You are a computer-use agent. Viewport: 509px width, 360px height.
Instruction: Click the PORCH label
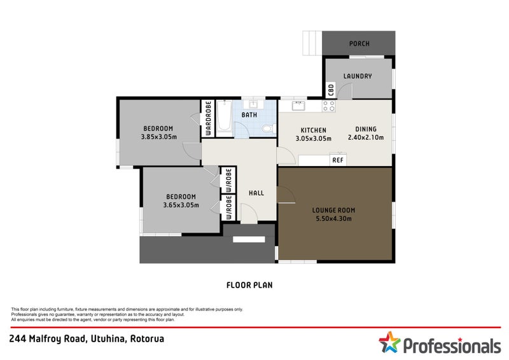(359, 43)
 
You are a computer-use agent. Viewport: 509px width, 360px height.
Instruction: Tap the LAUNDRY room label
(358, 76)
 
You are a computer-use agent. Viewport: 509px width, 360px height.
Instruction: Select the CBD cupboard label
(331, 90)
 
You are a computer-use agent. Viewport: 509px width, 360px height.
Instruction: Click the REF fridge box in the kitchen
(338, 160)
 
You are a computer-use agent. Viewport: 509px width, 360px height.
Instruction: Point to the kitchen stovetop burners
(329, 106)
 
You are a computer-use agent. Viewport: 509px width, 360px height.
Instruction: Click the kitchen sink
(298, 106)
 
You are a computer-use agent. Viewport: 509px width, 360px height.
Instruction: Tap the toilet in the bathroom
(268, 129)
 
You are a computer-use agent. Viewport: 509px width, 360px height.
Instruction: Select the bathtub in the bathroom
(225, 118)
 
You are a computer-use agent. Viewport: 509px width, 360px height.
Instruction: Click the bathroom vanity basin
(253, 104)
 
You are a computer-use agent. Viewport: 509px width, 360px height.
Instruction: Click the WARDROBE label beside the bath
(208, 118)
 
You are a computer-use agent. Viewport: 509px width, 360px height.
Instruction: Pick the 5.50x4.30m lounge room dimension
(333, 218)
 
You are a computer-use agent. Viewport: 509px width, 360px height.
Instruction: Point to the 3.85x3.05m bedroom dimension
(158, 137)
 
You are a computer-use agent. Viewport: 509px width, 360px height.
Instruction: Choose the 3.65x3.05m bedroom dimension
(181, 205)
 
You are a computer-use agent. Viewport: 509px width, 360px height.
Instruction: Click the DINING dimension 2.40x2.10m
(366, 137)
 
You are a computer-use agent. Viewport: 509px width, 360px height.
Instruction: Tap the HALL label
(256, 193)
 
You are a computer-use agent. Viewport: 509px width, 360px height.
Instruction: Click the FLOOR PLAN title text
(249, 286)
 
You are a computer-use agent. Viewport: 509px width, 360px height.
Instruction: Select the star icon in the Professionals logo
(389, 342)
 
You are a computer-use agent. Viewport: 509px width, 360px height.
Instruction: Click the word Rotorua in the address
(147, 339)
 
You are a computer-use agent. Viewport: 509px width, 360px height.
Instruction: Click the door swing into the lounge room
(286, 195)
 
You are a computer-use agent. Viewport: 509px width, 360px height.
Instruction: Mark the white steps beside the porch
(312, 43)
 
